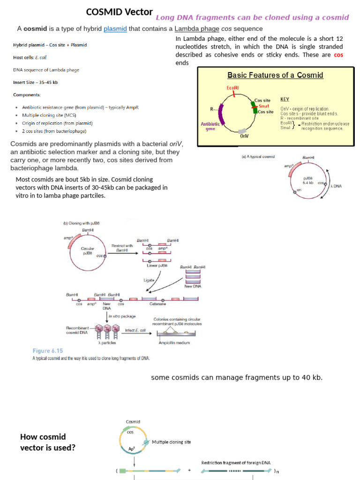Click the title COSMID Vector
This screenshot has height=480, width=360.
coord(119,12)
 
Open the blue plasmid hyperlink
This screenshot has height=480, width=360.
coord(115,29)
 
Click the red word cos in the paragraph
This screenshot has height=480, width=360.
coord(338,55)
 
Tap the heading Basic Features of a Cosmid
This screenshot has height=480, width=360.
coord(275,75)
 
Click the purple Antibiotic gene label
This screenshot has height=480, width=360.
coord(210,127)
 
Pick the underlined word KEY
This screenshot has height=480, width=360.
coord(285,99)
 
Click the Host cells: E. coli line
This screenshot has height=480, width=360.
coord(30,58)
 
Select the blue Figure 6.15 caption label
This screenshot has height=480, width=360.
coord(47,351)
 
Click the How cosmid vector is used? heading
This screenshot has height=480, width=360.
coord(47,442)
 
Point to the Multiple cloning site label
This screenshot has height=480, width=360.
coord(171,442)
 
